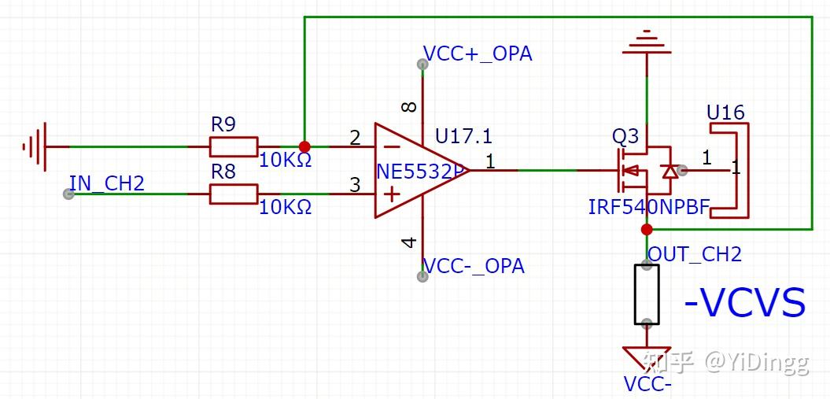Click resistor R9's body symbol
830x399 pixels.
point(233,146)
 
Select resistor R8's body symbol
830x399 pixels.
point(233,194)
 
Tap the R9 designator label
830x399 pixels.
point(224,125)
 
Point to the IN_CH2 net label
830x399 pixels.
point(107,184)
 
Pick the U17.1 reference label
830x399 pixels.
point(464,136)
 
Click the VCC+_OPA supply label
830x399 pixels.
point(478,54)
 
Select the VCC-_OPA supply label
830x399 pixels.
point(474,266)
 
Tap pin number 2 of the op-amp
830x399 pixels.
point(355,139)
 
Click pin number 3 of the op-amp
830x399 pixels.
point(355,186)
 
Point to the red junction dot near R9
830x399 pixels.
point(304,146)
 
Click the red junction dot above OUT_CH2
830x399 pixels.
point(647,229)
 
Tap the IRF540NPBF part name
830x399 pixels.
point(649,208)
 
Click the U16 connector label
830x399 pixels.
point(725,113)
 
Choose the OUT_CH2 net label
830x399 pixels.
point(695,254)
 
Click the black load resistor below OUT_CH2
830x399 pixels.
point(647,294)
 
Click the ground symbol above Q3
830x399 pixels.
point(647,42)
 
